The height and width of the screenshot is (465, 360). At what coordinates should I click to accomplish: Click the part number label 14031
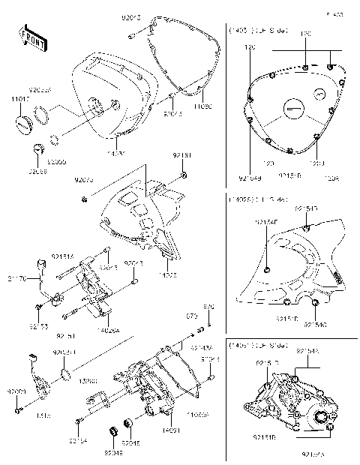click(x=168, y=430)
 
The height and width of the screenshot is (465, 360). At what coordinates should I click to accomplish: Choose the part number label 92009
click(x=16, y=391)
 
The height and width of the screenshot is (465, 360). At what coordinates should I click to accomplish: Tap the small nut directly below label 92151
click(x=183, y=178)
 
